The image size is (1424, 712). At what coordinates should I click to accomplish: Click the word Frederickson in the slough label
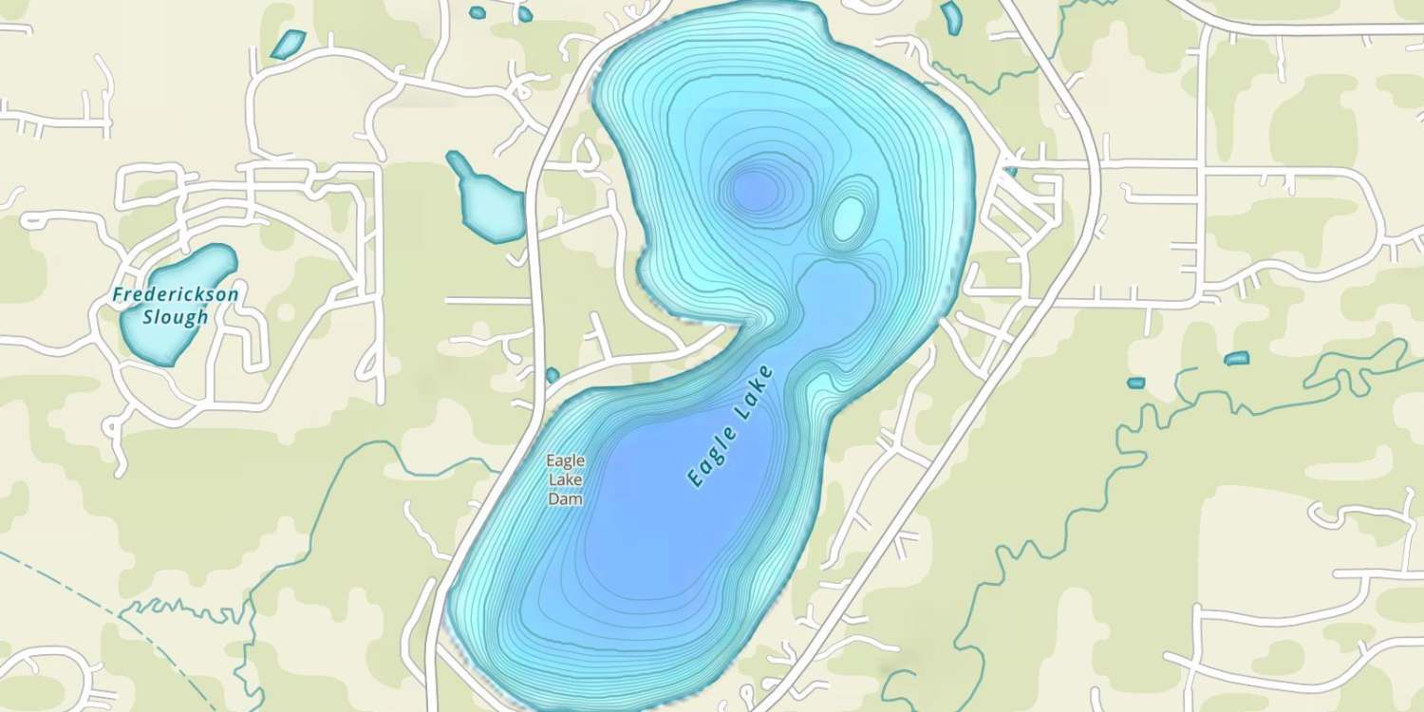click(x=176, y=295)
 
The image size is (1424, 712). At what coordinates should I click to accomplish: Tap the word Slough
click(x=176, y=317)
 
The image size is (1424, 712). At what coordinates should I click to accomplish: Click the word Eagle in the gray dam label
click(x=565, y=460)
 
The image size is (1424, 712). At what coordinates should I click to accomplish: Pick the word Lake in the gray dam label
click(x=565, y=479)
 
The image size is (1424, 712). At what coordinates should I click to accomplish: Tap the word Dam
click(x=565, y=498)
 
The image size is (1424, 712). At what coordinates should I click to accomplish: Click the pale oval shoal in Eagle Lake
click(x=848, y=217)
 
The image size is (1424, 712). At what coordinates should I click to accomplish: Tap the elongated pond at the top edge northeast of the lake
click(x=950, y=16)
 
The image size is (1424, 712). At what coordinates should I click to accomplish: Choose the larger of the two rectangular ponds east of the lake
click(x=1236, y=359)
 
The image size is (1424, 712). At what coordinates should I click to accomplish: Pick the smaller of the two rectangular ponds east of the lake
click(x=1135, y=383)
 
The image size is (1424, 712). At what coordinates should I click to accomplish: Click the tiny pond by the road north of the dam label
click(x=552, y=376)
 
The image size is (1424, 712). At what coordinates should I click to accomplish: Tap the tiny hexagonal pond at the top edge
click(x=477, y=12)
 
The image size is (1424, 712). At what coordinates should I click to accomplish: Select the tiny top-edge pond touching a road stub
click(x=524, y=14)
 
